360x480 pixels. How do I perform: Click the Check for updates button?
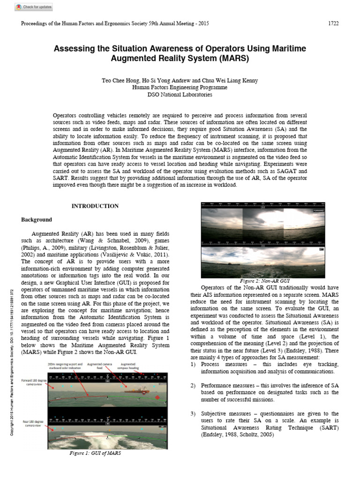pyautogui.click(x=33, y=7)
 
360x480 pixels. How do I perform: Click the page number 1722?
pyautogui.click(x=332, y=24)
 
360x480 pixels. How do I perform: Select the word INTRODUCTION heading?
pyautogui.click(x=95, y=206)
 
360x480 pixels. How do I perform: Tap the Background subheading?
pyautogui.click(x=37, y=219)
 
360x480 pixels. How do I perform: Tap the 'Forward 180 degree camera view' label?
pyautogui.click(x=34, y=382)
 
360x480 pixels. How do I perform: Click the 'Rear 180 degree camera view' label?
pyautogui.click(x=34, y=424)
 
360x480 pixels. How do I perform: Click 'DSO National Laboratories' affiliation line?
pyautogui.click(x=180, y=94)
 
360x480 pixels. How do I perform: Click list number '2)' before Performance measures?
pyautogui.click(x=193, y=385)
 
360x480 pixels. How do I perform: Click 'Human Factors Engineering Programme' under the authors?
pyautogui.click(x=180, y=87)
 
